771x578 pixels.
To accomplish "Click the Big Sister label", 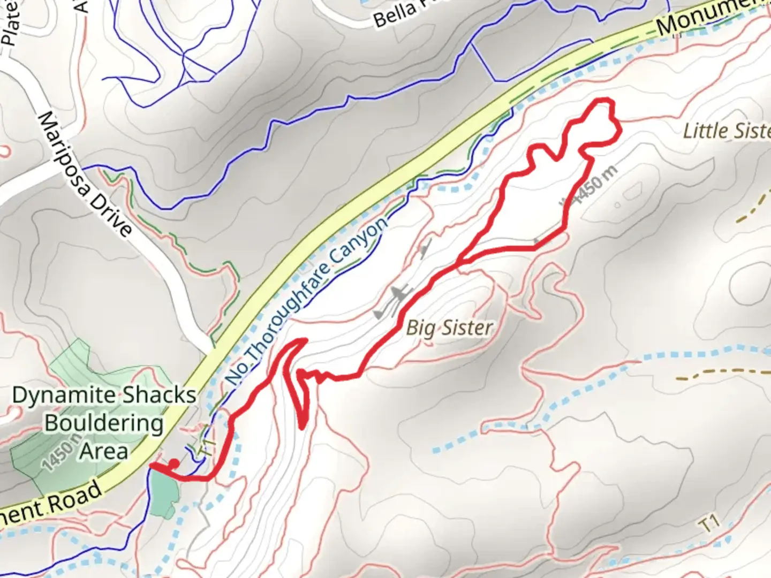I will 449,327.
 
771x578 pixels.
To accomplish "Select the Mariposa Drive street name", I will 86,173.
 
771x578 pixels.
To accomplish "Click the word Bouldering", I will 104,423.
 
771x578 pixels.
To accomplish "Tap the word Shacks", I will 158,396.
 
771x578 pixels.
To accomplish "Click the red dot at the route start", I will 174,463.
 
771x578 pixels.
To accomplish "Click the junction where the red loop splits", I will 459,263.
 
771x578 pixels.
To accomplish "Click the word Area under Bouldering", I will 104,451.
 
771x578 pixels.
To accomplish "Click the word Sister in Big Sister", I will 465,327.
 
